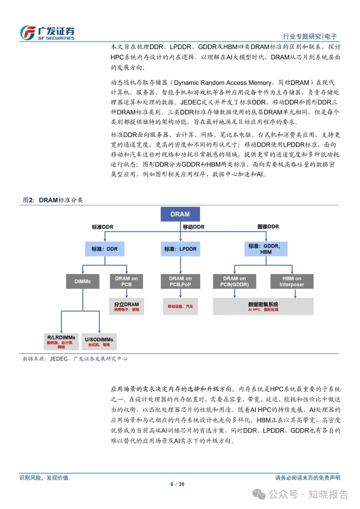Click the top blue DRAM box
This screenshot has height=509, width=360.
pos(180,214)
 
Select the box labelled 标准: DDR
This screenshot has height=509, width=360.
pos(105,249)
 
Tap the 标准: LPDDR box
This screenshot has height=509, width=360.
pos(180,249)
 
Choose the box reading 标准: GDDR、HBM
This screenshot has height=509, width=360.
pos(266,249)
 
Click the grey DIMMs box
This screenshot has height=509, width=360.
pos(83,281)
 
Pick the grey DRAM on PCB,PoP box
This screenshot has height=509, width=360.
pos(180,281)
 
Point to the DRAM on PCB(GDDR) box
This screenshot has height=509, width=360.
pos(234,281)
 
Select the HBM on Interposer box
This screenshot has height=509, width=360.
pos(292,281)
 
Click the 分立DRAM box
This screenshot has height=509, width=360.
pos(126,306)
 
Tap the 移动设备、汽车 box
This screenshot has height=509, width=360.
pos(180,306)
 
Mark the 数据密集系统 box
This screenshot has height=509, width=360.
pos(263,306)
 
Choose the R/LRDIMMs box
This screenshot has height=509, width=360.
pos(61,342)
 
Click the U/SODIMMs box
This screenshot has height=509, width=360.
pos(99,342)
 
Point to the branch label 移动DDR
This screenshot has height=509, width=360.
pos(194,227)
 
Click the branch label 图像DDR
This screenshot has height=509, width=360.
pos(268,227)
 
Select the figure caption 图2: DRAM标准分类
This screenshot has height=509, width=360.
pos(53,200)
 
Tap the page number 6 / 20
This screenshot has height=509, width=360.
pos(177,484)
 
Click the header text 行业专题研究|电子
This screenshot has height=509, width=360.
pos(310,36)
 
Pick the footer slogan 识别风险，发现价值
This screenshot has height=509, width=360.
pos(44,478)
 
